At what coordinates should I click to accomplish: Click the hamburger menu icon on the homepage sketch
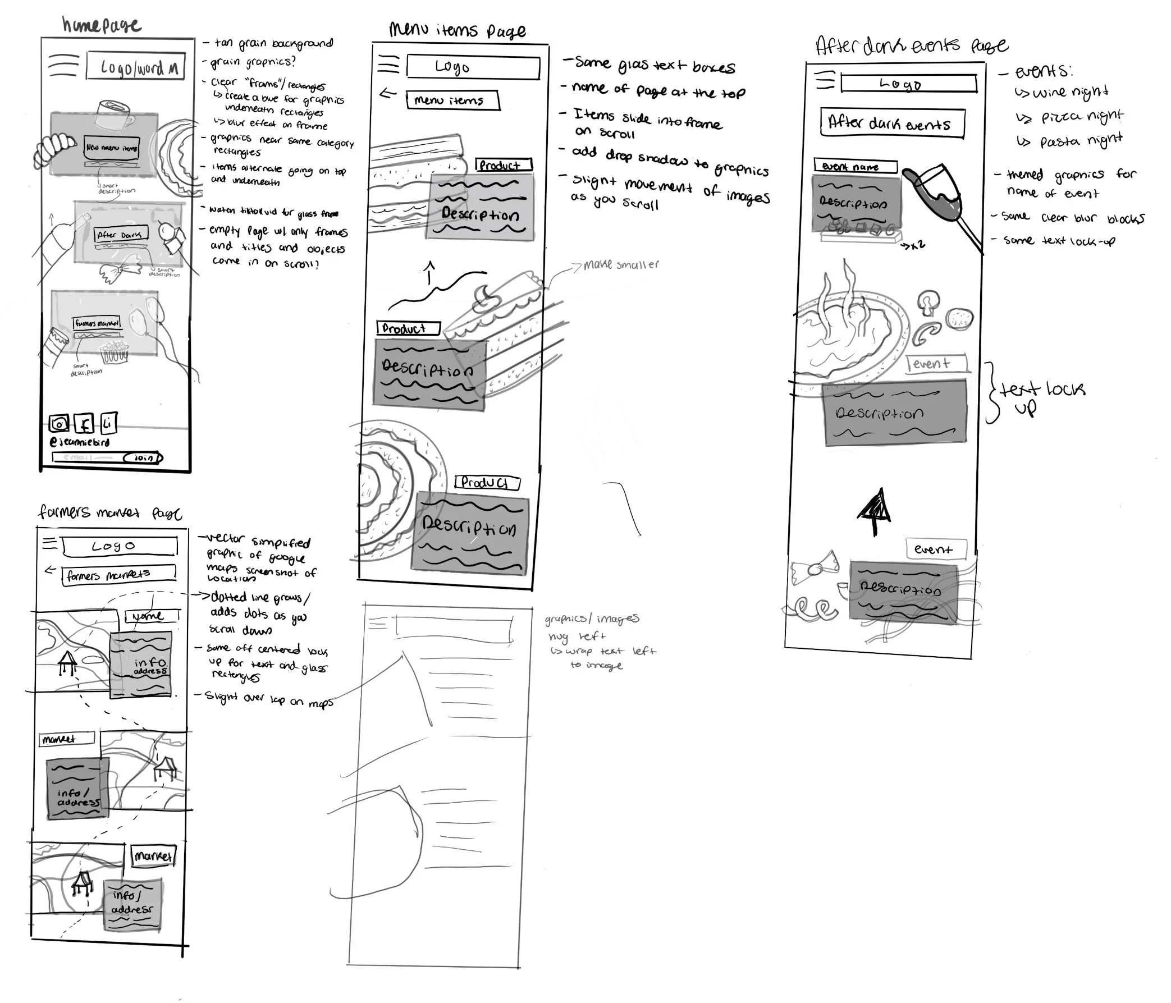click(x=63, y=66)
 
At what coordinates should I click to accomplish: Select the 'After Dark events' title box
click(x=892, y=123)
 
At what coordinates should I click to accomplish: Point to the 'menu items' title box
click(x=452, y=100)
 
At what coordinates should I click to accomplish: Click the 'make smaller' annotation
click(x=620, y=264)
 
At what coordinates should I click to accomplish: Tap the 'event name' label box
click(x=855, y=166)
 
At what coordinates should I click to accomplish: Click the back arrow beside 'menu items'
click(x=388, y=94)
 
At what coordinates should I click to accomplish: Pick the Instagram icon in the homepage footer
click(x=59, y=423)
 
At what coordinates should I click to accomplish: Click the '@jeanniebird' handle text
click(x=80, y=442)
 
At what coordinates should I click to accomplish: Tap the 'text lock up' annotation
click(x=1041, y=396)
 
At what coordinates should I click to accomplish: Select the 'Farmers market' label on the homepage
click(x=97, y=323)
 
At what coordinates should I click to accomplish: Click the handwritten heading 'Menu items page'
click(x=457, y=30)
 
